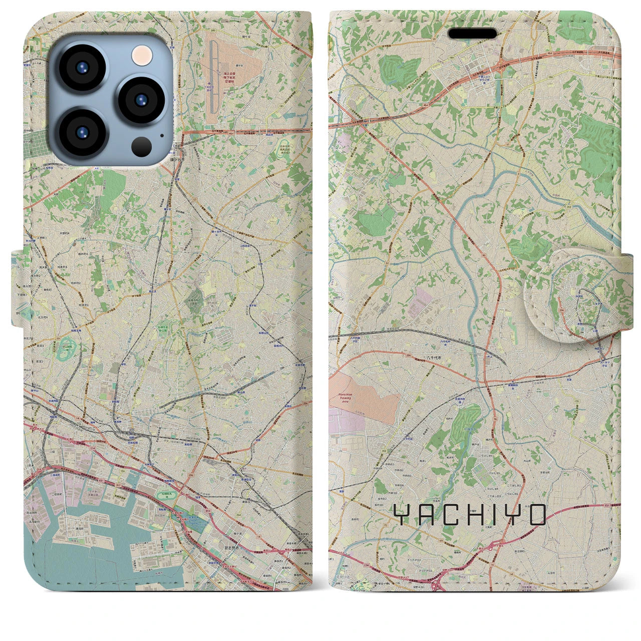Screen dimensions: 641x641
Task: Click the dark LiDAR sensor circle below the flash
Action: (x=143, y=146)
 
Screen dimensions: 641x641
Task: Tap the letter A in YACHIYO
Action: (x=426, y=515)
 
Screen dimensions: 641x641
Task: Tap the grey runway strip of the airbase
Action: (x=215, y=78)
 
